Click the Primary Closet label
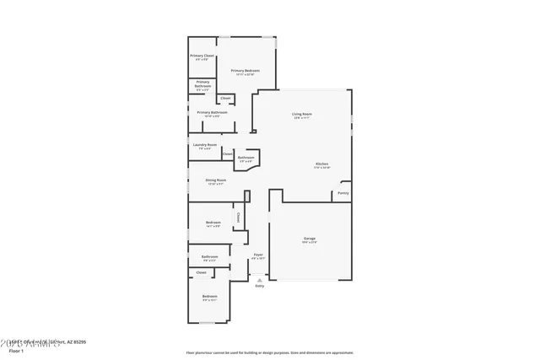pyautogui.click(x=202, y=56)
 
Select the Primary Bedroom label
pyautogui.click(x=245, y=71)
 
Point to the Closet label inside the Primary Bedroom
pyautogui.click(x=225, y=98)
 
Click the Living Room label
pyautogui.click(x=301, y=114)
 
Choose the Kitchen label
pyautogui.click(x=322, y=164)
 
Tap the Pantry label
pyautogui.click(x=343, y=193)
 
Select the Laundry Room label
pyautogui.click(x=204, y=145)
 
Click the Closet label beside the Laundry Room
pyautogui.click(x=228, y=154)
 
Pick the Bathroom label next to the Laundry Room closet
pyautogui.click(x=246, y=158)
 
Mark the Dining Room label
pyautogui.click(x=215, y=180)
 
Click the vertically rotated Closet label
pyautogui.click(x=238, y=217)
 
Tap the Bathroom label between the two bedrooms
pyautogui.click(x=209, y=256)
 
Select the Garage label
pyautogui.click(x=310, y=239)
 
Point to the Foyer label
pyautogui.click(x=258, y=254)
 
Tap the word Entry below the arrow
pyautogui.click(x=259, y=287)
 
